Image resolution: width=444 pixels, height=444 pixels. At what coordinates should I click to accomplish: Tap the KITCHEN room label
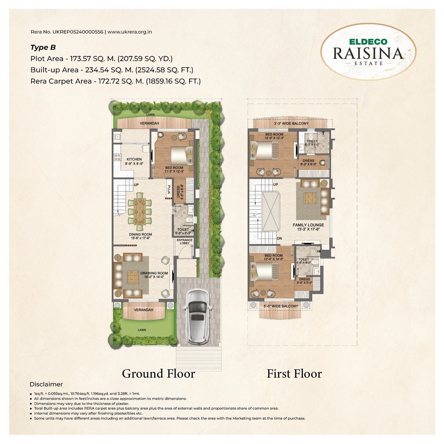134,159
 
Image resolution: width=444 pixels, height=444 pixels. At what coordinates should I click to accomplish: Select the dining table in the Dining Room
140,211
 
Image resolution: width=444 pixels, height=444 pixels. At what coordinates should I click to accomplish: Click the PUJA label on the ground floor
169,189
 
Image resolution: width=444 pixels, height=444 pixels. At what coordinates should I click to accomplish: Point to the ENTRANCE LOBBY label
185,241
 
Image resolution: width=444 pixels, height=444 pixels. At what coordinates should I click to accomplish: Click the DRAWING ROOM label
154,273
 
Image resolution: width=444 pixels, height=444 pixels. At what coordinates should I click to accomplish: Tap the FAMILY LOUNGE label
308,225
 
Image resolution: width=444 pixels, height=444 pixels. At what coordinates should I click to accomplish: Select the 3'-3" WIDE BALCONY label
291,123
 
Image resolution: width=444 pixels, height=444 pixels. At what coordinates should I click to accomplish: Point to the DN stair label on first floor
279,238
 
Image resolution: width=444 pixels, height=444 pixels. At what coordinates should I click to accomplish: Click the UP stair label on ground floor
136,185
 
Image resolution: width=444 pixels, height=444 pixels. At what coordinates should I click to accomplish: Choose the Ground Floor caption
158,374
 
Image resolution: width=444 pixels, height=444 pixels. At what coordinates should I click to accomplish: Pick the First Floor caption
294,374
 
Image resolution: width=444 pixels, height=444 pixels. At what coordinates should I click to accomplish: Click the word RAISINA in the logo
368,53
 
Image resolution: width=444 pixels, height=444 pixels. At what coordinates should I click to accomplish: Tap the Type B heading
43,48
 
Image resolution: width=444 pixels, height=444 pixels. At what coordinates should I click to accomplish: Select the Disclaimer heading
46,384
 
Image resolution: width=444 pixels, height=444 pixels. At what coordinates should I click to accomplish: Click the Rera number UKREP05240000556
78,32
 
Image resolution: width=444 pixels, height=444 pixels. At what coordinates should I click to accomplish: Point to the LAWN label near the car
142,330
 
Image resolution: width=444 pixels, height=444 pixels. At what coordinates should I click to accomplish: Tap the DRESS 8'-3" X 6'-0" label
308,162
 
